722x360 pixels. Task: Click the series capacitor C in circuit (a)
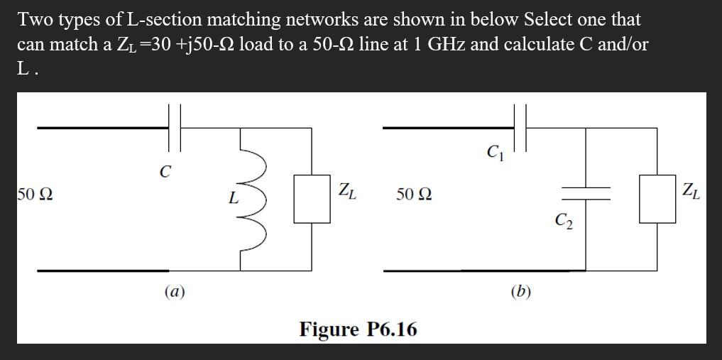click(x=176, y=128)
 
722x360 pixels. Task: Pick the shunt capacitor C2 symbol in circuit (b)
click(x=586, y=193)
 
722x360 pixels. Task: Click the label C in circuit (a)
click(x=165, y=171)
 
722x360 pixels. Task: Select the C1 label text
click(x=495, y=151)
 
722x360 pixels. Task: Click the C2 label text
click(x=565, y=223)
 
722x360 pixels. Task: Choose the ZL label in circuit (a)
click(x=347, y=190)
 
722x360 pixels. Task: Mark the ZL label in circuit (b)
click(x=691, y=190)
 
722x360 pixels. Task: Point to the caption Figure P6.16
click(x=358, y=329)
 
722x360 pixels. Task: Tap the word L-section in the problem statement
click(x=151, y=19)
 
